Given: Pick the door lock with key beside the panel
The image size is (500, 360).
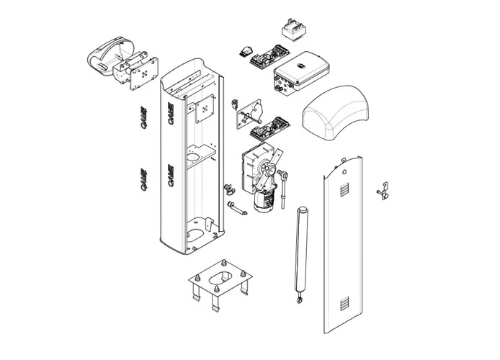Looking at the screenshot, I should pyautogui.click(x=383, y=192).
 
